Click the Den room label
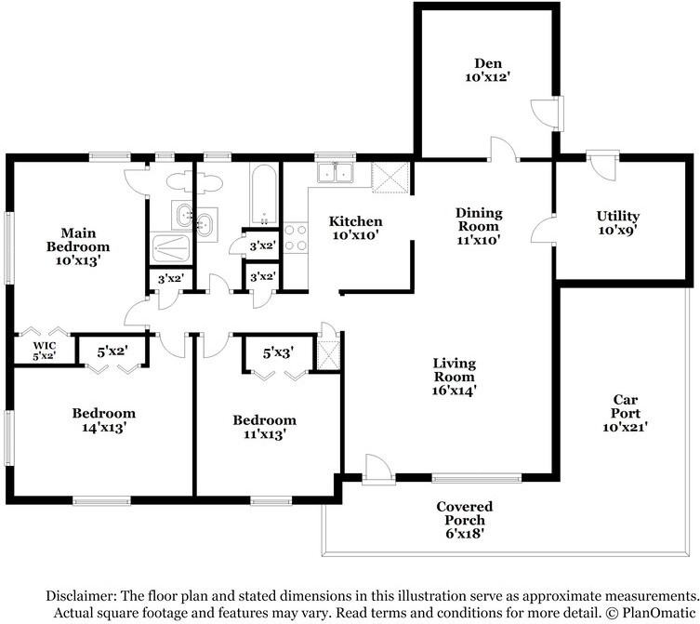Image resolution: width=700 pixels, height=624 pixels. (x=487, y=70)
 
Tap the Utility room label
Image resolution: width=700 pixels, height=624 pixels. (x=618, y=223)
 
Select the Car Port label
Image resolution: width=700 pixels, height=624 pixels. (x=625, y=413)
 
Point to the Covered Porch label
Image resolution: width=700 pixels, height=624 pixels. (x=465, y=520)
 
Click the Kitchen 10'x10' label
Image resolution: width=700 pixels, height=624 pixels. (x=356, y=228)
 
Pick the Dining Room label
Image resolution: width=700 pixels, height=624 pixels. (x=479, y=226)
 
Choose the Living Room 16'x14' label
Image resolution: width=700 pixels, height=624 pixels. (x=455, y=377)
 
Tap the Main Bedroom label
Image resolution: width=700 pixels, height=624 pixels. (x=78, y=246)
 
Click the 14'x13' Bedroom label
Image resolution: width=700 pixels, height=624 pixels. (x=104, y=419)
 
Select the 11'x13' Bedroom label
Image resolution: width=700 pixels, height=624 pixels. (x=265, y=427)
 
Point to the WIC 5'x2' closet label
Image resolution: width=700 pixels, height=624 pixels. (x=45, y=351)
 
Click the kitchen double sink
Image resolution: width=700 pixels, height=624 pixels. (x=336, y=172)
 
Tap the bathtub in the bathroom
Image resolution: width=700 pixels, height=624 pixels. (x=264, y=195)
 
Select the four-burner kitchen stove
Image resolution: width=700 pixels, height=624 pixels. (x=296, y=238)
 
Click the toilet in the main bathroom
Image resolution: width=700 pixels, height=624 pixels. (x=194, y=182)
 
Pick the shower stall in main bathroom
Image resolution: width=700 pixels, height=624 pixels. (x=171, y=247)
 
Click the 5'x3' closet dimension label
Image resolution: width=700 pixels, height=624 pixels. (x=278, y=352)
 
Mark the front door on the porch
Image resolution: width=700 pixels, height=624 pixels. (x=378, y=469)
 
